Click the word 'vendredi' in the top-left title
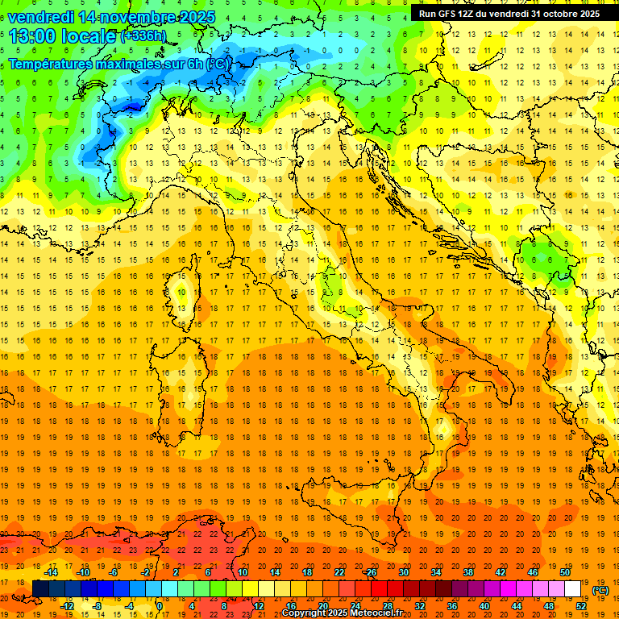39,17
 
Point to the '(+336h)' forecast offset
143,36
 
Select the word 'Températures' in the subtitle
52,64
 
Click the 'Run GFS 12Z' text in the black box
447,14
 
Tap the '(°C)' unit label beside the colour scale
600,589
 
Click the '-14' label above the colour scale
51,572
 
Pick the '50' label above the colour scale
566,572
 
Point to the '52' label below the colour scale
582,606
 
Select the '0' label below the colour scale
160,606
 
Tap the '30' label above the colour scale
405,572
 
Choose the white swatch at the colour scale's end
573,589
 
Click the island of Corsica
184,303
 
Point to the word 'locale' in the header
88,35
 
